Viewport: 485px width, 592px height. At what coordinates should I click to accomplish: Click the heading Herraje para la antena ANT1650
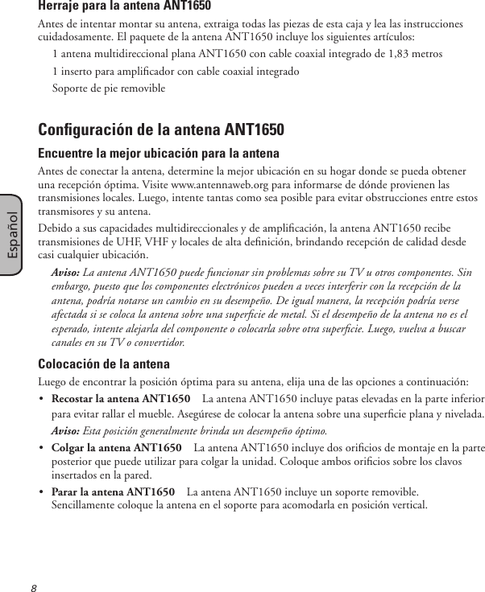[125, 7]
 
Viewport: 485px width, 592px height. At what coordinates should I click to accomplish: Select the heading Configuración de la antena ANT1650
[161, 130]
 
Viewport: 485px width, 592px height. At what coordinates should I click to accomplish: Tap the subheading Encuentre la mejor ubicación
[159, 154]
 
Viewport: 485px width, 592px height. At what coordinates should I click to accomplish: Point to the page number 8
[35, 586]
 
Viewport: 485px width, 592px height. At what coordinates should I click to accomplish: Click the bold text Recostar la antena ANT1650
[120, 399]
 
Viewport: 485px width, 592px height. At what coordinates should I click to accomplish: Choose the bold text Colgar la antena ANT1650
[116, 447]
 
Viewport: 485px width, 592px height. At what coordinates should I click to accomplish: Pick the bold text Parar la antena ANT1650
[113, 491]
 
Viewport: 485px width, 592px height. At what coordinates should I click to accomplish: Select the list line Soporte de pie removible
[102, 87]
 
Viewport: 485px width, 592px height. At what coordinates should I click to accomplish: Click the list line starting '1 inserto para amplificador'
[175, 71]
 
